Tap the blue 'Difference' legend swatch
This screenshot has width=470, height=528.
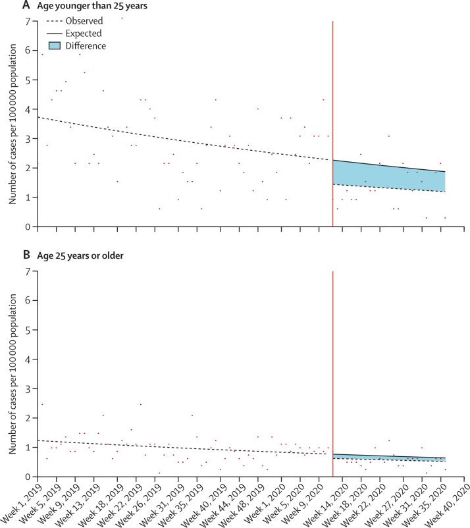point(54,46)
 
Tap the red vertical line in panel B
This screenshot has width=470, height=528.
point(333,362)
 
